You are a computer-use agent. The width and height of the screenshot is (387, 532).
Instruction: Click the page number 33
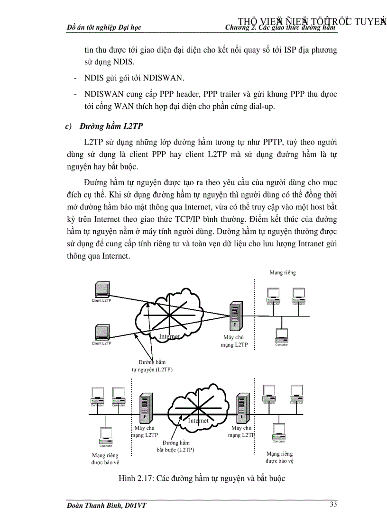[x=333, y=504]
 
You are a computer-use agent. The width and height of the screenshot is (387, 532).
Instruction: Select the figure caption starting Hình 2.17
[x=202, y=478]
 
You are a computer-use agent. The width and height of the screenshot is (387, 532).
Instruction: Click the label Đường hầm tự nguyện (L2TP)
[x=152, y=366]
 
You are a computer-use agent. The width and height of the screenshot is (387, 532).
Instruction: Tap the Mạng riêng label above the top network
[x=283, y=273]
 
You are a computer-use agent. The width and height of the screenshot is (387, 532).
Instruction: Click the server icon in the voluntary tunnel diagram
[x=234, y=316]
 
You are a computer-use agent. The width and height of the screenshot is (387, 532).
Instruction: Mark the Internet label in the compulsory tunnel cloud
[x=198, y=420]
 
